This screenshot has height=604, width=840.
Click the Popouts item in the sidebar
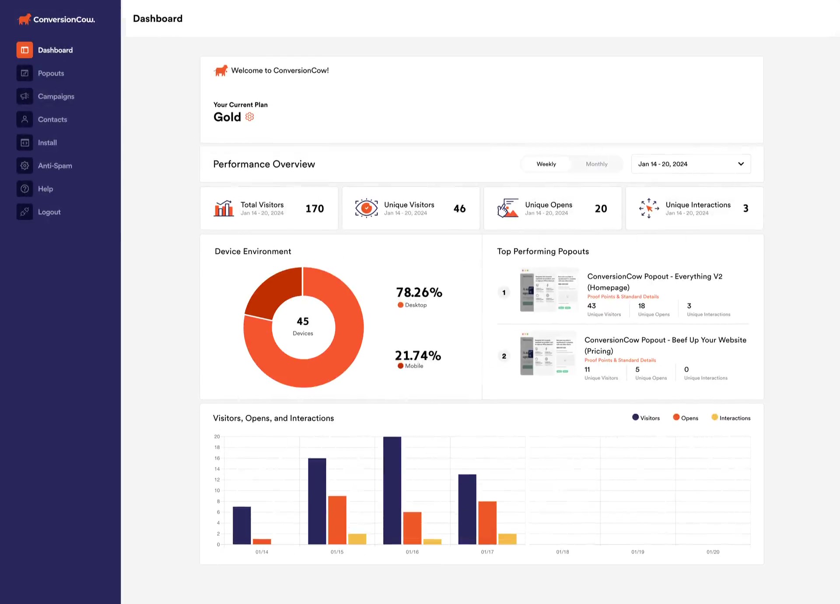click(x=50, y=73)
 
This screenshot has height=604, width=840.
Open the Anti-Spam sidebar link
click(x=54, y=166)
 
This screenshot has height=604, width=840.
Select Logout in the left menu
click(x=49, y=212)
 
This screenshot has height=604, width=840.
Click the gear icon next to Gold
click(x=249, y=117)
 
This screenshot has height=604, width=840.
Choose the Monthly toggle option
click(x=596, y=164)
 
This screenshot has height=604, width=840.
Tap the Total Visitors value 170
click(x=315, y=209)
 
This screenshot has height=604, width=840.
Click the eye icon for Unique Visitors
click(x=366, y=208)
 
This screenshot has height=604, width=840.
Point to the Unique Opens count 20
click(x=601, y=209)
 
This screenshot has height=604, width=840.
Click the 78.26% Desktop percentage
click(x=419, y=292)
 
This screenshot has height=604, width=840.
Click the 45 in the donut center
click(x=303, y=321)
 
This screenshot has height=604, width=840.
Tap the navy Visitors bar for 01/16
click(x=392, y=490)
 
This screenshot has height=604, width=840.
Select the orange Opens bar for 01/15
click(x=337, y=520)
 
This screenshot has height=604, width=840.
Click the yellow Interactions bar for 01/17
click(x=507, y=539)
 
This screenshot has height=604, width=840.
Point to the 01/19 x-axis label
click(x=637, y=552)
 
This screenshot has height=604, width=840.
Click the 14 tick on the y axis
click(x=217, y=469)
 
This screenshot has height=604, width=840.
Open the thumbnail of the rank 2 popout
click(x=547, y=354)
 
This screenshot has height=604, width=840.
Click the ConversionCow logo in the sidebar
click(x=56, y=19)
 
